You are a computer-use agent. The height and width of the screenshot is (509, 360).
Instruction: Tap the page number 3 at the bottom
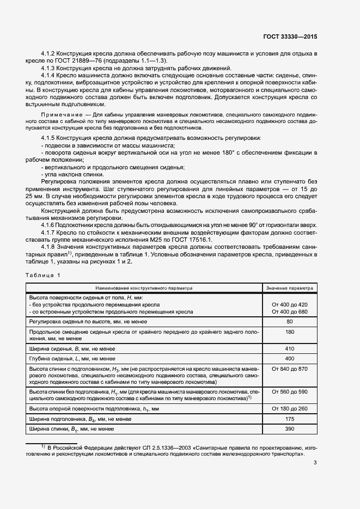[x=315, y=463]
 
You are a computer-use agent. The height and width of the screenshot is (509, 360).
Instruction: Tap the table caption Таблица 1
[x=43, y=275]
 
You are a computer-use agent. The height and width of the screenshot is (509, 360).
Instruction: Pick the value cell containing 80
[x=289, y=322]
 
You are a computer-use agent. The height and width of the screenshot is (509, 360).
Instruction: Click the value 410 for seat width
[x=289, y=348]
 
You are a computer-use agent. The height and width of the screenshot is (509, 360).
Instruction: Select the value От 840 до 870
[x=289, y=369]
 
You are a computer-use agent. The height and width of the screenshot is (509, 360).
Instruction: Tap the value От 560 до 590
[x=289, y=391]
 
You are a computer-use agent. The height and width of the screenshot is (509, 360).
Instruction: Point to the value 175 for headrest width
[x=289, y=419]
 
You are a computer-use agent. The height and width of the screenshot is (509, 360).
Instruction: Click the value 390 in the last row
[x=289, y=430]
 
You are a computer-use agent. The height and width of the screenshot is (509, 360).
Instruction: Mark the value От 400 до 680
[x=289, y=311]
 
